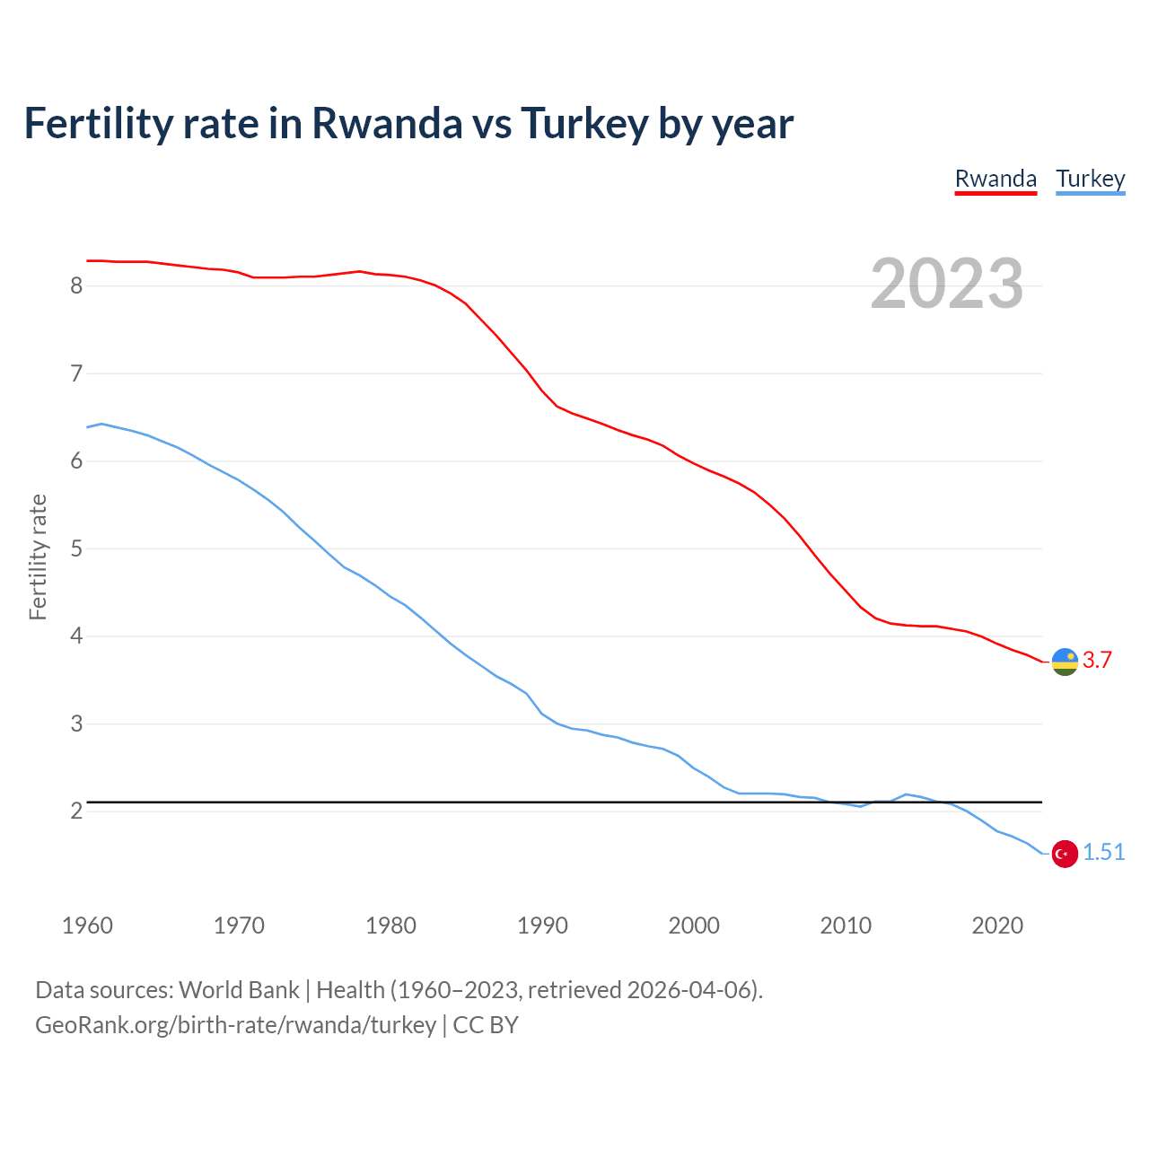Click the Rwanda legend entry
[x=996, y=179]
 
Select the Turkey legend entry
[x=1090, y=179]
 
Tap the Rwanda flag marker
[x=1065, y=662]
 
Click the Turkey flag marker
[x=1065, y=854]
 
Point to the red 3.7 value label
[x=1097, y=660]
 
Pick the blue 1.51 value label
[x=1103, y=852]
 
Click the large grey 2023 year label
[x=946, y=284]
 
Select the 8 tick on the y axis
[x=76, y=285]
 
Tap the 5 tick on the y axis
[x=76, y=548]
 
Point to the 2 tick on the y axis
[x=76, y=811]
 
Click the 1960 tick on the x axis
[x=87, y=925]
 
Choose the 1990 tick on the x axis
[x=542, y=925]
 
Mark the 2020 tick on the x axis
[x=997, y=925]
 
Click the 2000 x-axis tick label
[x=694, y=925]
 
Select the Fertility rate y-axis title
[x=38, y=557]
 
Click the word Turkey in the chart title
[x=584, y=123]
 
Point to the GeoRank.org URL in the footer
[x=235, y=1024]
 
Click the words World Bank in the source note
[x=239, y=989]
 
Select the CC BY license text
[x=486, y=1024]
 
